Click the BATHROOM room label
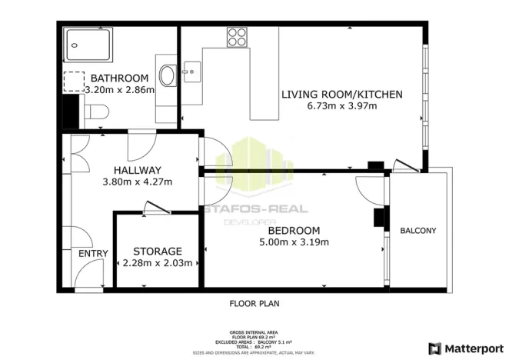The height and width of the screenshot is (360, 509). [x=119, y=78]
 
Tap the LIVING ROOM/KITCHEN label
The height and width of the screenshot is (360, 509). [x=341, y=95]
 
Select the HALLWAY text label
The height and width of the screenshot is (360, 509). [x=138, y=170]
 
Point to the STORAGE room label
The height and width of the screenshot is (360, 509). [x=158, y=252]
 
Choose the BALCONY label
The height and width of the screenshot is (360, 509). [x=418, y=231]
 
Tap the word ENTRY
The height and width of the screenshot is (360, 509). [x=94, y=254]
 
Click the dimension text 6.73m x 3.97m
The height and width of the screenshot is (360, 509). [x=341, y=106]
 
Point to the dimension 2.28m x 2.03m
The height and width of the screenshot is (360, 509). [x=158, y=263]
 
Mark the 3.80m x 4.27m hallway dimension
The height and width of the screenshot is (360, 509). [x=138, y=182]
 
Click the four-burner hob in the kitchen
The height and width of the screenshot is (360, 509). [x=237, y=36]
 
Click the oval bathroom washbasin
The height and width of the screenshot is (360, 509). [x=167, y=75]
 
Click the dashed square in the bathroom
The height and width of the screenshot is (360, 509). [x=74, y=82]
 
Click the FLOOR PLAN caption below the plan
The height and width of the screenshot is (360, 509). [x=254, y=303]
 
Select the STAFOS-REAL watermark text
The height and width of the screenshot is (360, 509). [x=256, y=208]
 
